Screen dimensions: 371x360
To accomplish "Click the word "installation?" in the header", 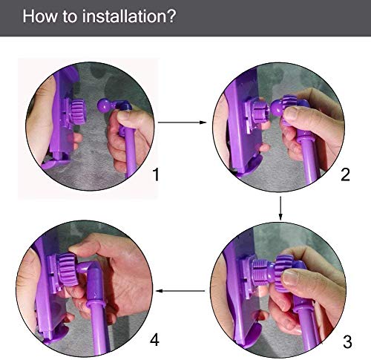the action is (129, 16).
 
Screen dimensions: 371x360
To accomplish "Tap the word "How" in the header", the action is (40, 16).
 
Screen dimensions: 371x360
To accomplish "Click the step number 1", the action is (156, 174).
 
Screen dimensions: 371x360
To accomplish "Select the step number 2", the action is (345, 174).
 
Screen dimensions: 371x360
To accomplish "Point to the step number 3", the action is (347, 342).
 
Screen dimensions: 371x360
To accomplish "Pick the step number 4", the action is (154, 339).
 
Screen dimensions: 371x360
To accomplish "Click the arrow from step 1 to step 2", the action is (182, 122).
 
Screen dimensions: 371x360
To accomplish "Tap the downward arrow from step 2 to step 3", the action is (280, 208).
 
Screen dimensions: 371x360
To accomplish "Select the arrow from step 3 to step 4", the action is (180, 291).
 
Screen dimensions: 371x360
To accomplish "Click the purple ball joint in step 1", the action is (104, 106).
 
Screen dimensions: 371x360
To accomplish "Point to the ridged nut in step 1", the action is (77, 112).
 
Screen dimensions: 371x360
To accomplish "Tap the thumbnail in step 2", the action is (292, 114).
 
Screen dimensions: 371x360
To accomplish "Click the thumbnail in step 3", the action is (291, 278).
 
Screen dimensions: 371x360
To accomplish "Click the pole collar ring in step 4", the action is (96, 303).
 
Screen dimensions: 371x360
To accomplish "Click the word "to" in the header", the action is (70, 16).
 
